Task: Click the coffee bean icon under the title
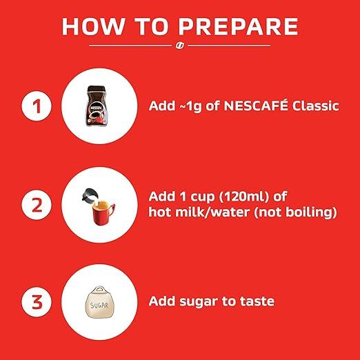(179, 46)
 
